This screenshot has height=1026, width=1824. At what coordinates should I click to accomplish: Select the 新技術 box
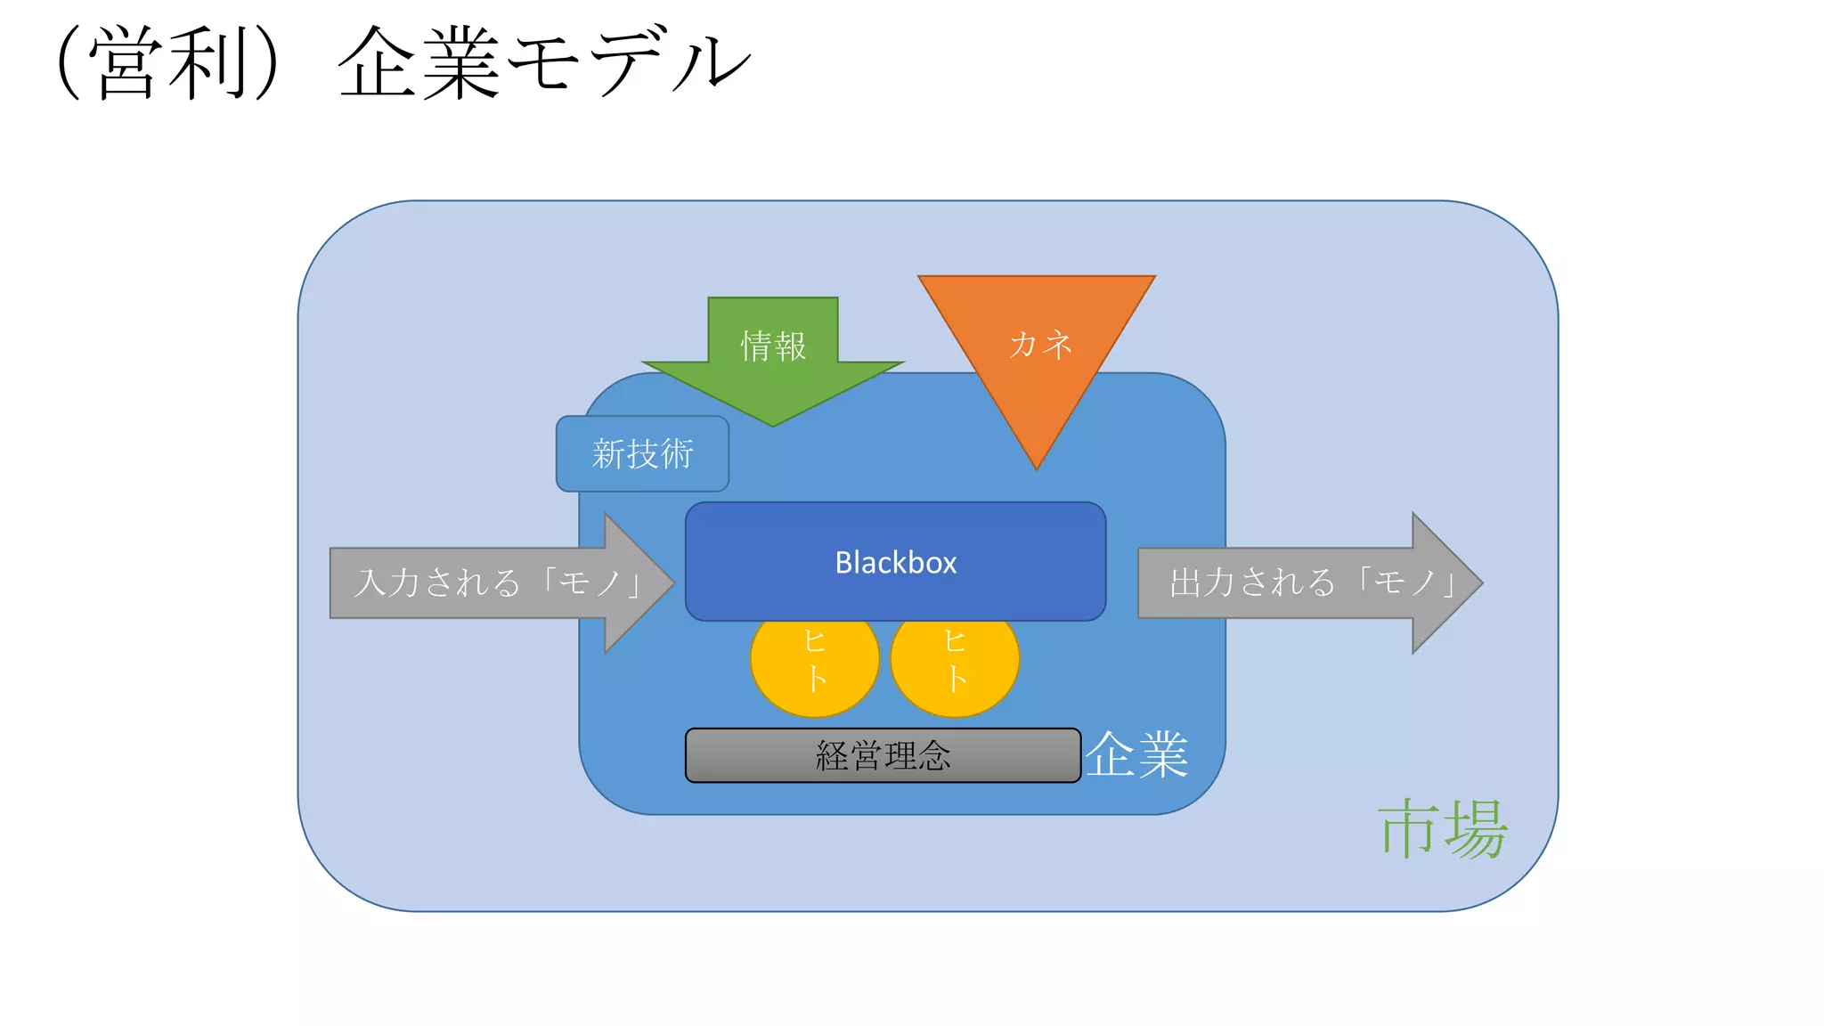coord(642,453)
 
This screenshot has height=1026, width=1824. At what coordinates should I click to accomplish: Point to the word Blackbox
coord(895,562)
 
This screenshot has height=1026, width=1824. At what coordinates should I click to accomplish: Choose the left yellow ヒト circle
coord(815,664)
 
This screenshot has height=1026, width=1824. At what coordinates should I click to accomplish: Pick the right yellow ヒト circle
coord(955,664)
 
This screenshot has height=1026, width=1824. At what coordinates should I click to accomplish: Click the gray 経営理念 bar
coord(883,755)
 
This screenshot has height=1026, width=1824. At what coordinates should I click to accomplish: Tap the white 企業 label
coord(1136,754)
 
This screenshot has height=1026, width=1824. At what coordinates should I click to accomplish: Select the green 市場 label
coord(1443,828)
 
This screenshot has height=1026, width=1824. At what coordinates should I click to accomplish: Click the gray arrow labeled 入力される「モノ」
coord(481,582)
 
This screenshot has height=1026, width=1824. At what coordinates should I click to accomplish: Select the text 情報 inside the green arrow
coord(773,346)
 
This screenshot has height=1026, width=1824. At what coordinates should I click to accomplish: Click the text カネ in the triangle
coord(1040,344)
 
